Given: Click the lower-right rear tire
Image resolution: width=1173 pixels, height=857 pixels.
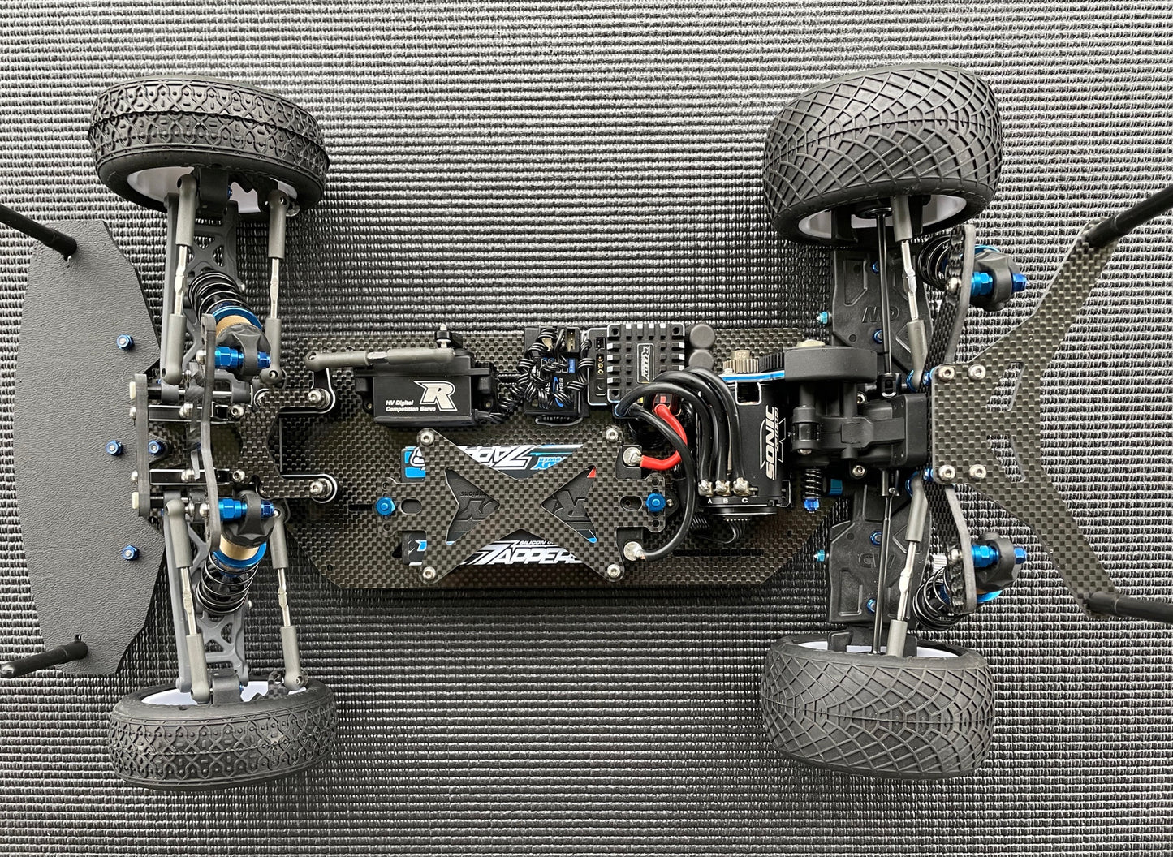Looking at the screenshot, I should (x=878, y=695).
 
